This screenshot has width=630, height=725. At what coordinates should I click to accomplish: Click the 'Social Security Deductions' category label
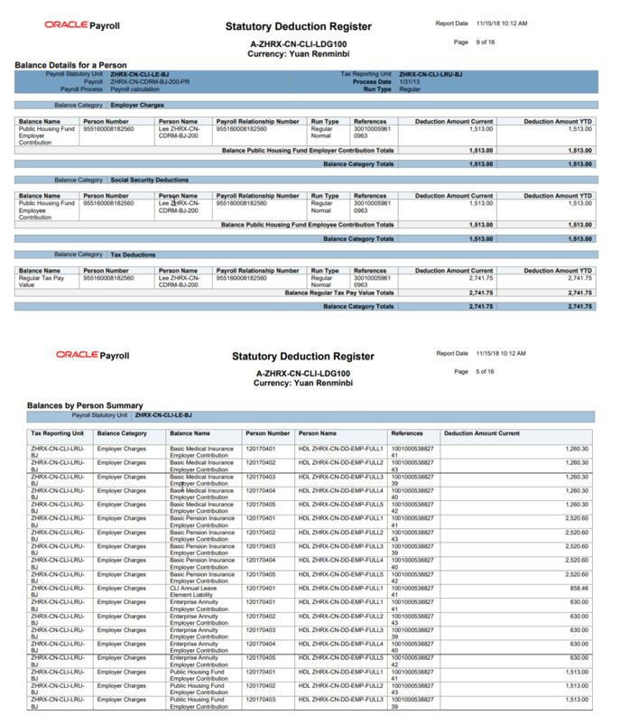click(x=150, y=180)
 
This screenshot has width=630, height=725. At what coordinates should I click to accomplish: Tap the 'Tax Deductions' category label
click(x=134, y=255)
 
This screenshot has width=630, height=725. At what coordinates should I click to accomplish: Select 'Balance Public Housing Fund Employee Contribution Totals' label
click(x=307, y=224)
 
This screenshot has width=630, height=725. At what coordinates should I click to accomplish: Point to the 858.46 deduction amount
click(x=577, y=588)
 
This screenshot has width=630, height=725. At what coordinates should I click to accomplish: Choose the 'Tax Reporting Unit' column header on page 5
click(x=58, y=433)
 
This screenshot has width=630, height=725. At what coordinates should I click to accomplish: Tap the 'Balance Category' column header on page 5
click(x=122, y=433)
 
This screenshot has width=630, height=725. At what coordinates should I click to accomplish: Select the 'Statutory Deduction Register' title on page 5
click(x=301, y=357)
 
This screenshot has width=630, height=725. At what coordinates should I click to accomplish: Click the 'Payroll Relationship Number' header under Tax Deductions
click(x=258, y=270)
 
